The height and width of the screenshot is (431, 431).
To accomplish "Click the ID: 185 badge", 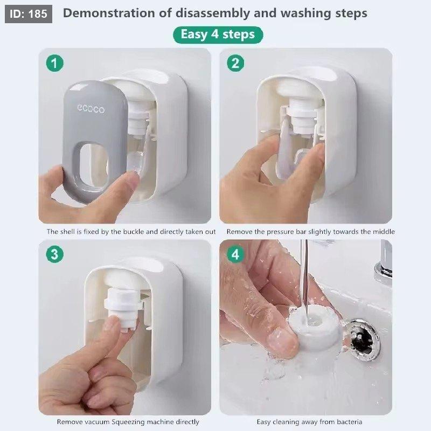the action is point(29,14).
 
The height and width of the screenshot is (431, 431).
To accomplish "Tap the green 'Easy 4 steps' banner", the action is point(218,34).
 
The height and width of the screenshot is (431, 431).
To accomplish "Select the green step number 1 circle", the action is point(55,63).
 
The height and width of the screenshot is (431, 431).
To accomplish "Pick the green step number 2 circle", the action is point(235,63).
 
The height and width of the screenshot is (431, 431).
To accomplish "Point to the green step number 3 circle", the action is point(55,254).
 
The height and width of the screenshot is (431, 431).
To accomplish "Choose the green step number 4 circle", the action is point(235,254).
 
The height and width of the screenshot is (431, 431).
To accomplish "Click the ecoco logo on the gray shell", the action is point(91,109).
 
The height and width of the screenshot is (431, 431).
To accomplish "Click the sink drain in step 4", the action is point(362,340).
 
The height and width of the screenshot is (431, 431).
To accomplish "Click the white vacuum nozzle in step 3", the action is point(123,307).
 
